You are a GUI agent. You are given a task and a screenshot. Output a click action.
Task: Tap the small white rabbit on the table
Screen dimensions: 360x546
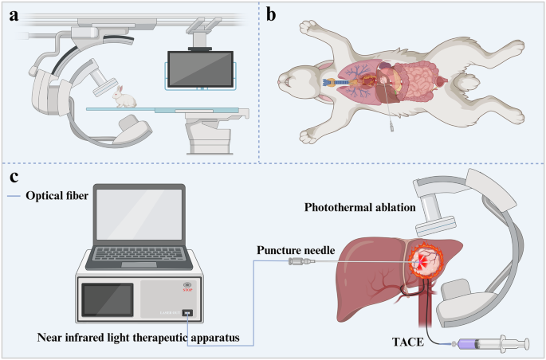pos(124,99)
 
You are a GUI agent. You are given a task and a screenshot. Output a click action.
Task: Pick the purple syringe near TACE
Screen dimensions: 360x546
pos(486,343)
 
